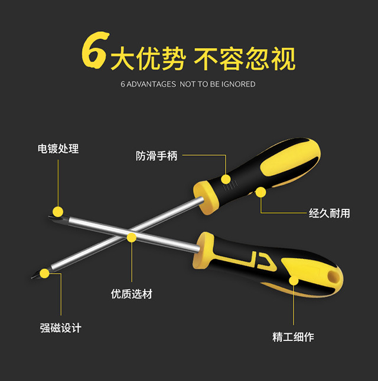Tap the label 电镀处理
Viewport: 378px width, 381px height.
click(58, 149)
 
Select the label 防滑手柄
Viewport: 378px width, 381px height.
click(157, 156)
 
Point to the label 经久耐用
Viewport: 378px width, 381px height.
click(330, 214)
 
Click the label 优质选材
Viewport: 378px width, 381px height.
click(132, 294)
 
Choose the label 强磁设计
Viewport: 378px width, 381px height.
click(61, 328)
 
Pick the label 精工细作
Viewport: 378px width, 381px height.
click(294, 337)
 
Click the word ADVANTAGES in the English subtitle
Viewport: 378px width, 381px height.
click(151, 84)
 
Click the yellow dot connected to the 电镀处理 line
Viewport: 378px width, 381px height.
click(58, 212)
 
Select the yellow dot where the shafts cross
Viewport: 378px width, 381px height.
click(132, 238)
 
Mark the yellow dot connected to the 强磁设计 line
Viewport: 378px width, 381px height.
click(44, 274)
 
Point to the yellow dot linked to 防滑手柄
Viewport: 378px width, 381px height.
click(226, 179)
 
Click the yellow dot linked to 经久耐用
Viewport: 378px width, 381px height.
click(260, 192)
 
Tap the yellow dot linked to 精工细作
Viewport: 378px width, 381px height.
click(294, 281)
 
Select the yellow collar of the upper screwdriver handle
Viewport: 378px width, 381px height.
click(206, 198)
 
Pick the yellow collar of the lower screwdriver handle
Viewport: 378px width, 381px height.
click(204, 250)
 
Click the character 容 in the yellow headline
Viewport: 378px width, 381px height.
click(232, 58)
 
